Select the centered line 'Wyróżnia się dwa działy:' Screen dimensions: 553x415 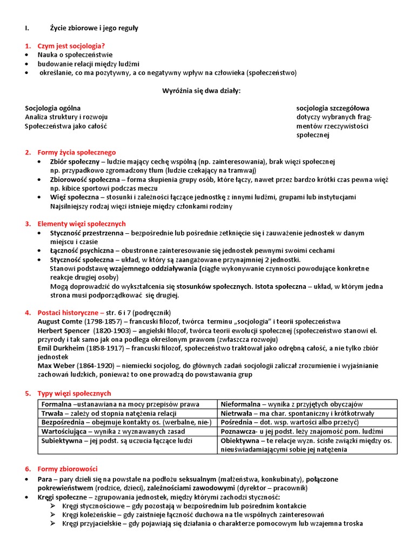pos(202,91)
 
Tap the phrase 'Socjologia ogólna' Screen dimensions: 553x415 pos(53,108)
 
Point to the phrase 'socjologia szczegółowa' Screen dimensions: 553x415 pos(332,108)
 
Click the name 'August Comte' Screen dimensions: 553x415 pos(59,321)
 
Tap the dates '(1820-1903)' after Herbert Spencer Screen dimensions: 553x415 pos(111,331)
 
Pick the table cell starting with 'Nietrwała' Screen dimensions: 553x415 pos(307,413)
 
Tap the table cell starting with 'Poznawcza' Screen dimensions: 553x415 pos(307,431)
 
